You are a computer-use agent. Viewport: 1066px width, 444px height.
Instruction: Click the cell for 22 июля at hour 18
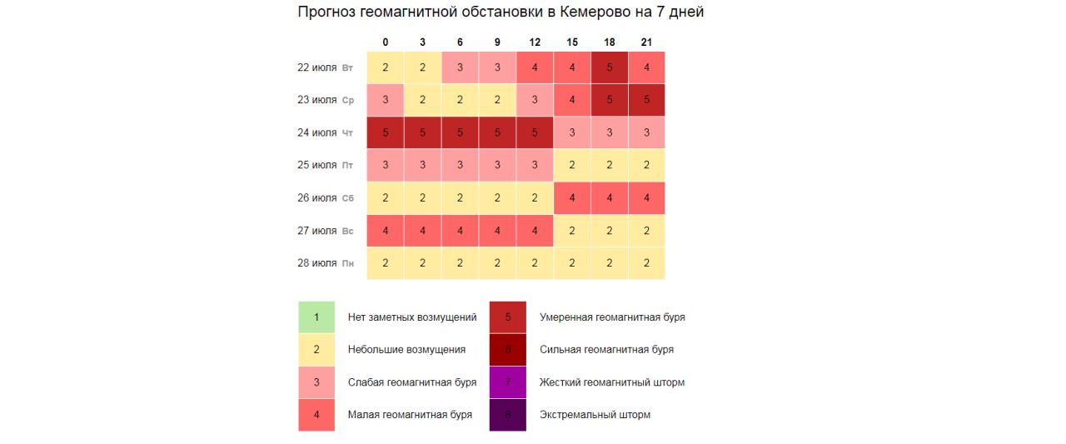pos(610,67)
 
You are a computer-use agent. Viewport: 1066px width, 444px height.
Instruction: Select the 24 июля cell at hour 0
pos(385,132)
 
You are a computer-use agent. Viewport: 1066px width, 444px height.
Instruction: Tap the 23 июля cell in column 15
pos(572,100)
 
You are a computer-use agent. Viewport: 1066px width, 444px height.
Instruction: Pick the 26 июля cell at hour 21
pos(647,198)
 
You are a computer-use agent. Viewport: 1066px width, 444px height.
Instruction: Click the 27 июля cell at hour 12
pos(535,231)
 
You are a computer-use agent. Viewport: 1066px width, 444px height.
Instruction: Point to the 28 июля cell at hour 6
pos(460,263)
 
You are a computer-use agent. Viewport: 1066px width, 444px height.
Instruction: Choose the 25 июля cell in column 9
pos(497,165)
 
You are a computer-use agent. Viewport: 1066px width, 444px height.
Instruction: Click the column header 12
pos(535,42)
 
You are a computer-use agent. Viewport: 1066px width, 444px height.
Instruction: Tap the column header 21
pos(647,42)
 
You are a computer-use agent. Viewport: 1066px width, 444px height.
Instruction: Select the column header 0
pos(385,42)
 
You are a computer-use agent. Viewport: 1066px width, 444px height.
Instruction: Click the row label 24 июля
pos(317,132)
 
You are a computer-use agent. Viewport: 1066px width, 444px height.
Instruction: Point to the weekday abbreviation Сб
pos(348,199)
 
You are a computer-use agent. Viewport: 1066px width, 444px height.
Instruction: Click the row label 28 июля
pos(317,263)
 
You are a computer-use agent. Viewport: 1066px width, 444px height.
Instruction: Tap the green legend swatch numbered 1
pos(316,317)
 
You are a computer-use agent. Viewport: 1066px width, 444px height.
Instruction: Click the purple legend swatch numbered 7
pos(508,382)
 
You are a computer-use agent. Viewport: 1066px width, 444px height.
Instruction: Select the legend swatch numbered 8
pos(508,415)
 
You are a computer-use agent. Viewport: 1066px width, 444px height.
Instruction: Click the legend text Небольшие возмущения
pos(406,350)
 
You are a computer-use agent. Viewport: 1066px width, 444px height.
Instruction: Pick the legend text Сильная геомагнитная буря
pos(606,350)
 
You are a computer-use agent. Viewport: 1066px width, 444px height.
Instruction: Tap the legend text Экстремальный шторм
pos(595,415)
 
